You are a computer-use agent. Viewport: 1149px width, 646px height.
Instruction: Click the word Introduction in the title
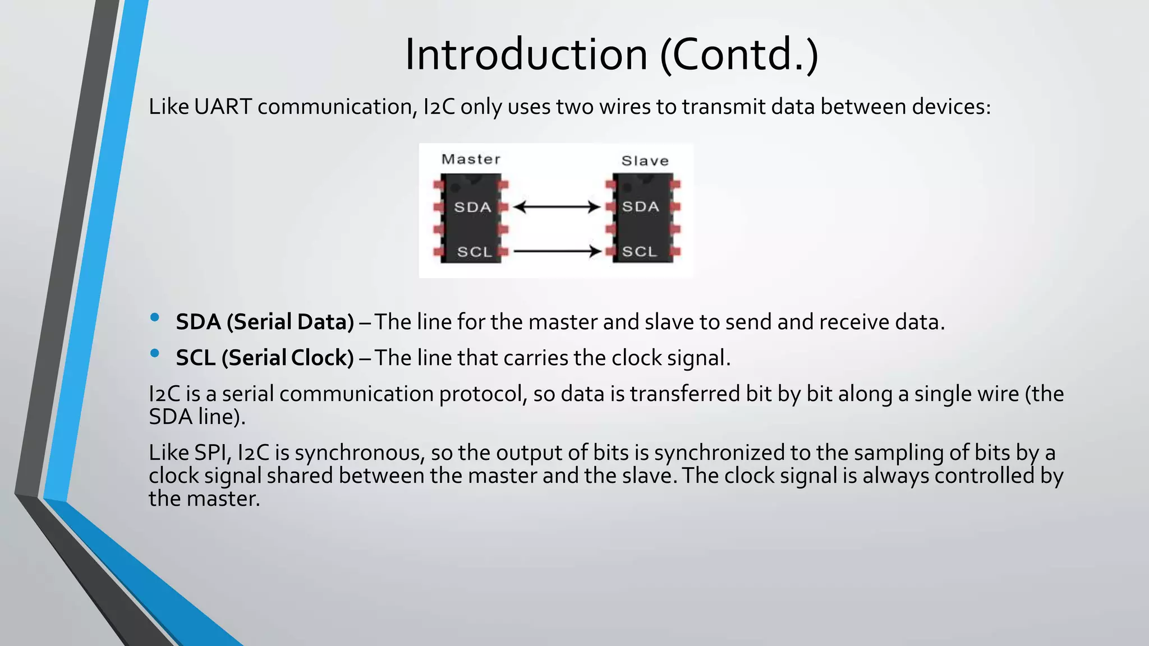pos(526,54)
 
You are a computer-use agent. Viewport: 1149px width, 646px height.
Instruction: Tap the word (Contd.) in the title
pos(739,54)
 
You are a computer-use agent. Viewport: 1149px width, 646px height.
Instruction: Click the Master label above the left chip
pos(471,159)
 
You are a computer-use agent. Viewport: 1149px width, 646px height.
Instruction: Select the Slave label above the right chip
pos(645,161)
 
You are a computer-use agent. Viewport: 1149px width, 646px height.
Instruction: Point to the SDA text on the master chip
pos(472,207)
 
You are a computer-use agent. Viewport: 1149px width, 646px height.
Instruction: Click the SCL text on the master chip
pos(474,252)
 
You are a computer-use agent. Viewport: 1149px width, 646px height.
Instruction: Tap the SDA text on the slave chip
pos(640,207)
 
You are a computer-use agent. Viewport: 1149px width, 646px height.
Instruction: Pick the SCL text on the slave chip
pos(639,251)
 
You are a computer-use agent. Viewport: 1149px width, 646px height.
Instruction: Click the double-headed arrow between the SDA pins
pos(557,207)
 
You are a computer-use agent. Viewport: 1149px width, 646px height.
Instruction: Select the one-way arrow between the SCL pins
pos(557,251)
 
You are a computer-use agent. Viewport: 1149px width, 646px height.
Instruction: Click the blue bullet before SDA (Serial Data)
pos(155,318)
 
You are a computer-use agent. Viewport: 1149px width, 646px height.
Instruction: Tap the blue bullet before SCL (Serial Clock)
pos(155,353)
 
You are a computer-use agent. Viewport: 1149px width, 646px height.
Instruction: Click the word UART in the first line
pos(223,107)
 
